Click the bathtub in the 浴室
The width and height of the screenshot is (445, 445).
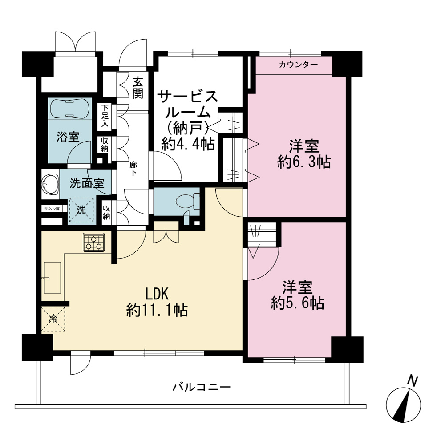tap(69, 109)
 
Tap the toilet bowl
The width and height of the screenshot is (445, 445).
tap(188, 202)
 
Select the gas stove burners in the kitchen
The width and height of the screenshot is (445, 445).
tap(93, 242)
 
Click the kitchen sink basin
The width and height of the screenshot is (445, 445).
tap(53, 278)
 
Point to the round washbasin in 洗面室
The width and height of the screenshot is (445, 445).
tap(50, 184)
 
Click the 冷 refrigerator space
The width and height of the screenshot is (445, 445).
tap(53, 319)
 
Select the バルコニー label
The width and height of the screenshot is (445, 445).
tap(201, 387)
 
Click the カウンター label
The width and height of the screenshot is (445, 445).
tap(298, 65)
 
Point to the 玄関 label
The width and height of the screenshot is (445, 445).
tap(138, 88)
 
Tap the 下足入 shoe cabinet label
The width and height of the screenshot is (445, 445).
tap(105, 116)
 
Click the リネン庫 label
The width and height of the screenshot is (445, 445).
tap(52, 209)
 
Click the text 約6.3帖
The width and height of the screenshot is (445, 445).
tap(304, 162)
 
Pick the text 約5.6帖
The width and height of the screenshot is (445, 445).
tap(297, 303)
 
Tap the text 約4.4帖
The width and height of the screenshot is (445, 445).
tap(188, 144)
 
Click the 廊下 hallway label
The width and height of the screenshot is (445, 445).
tap(133, 169)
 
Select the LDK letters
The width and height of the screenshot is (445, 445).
tap(157, 294)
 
